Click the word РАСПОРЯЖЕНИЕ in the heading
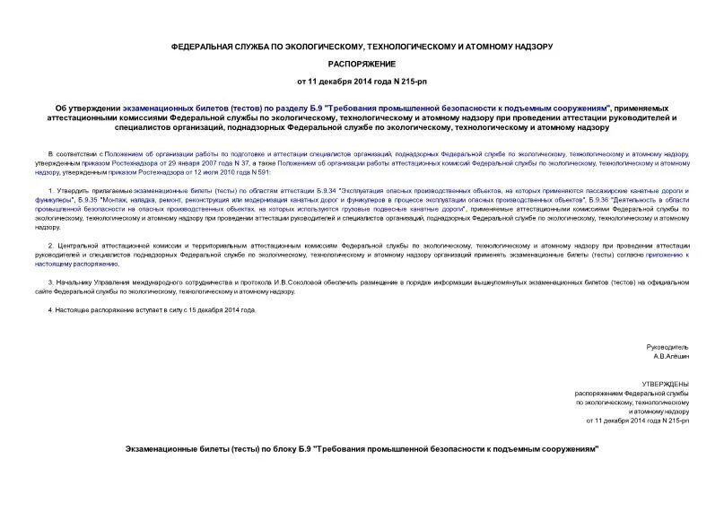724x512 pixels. [361, 65]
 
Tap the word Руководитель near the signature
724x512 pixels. [667, 346]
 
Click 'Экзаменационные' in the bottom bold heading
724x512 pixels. [173, 447]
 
